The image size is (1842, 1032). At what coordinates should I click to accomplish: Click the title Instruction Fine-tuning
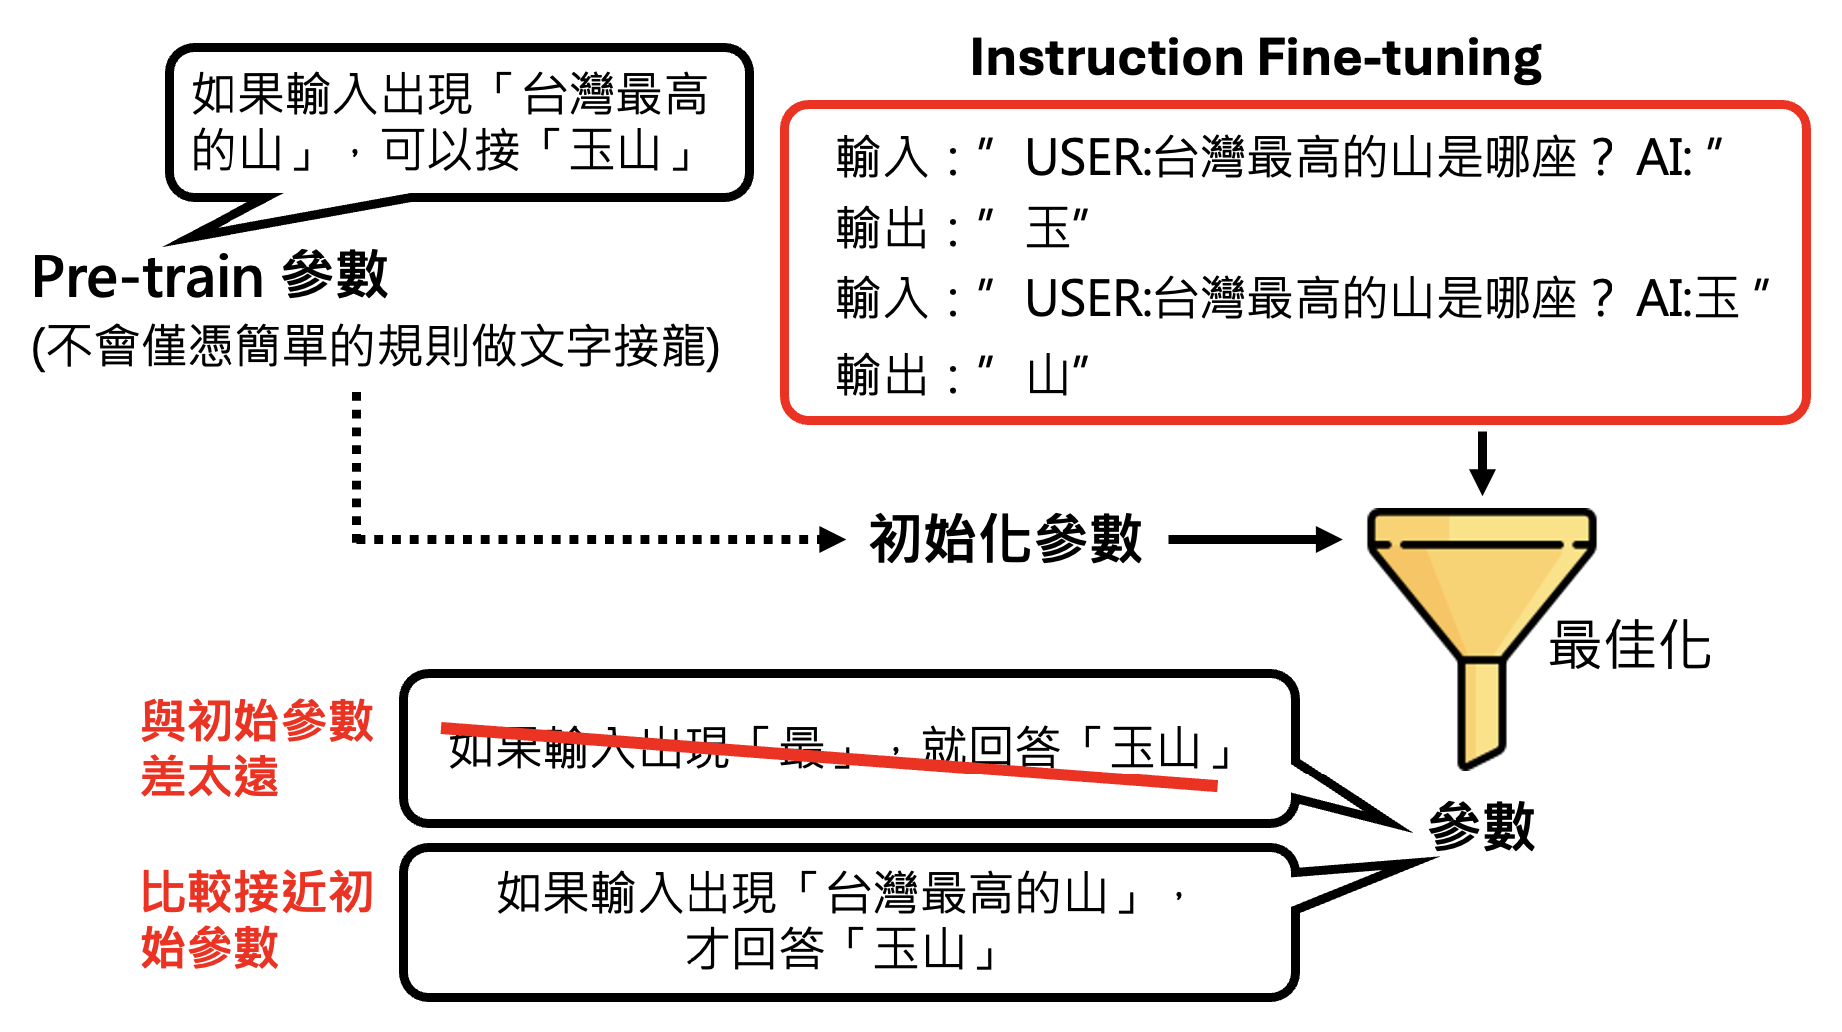pyautogui.click(x=1254, y=58)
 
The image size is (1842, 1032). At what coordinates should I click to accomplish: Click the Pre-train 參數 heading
pyautogui.click(x=210, y=276)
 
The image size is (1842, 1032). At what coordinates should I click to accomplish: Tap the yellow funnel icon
pyautogui.click(x=1480, y=589)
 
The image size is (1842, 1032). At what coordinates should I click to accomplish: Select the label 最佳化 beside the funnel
pyautogui.click(x=1629, y=645)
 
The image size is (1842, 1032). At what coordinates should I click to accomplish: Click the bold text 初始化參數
pyautogui.click(x=1005, y=540)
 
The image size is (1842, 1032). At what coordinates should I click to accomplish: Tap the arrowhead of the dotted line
pyautogui.click(x=831, y=540)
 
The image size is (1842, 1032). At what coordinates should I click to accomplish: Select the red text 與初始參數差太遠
pyautogui.click(x=256, y=749)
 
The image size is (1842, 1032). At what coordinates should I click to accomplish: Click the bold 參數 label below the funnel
pyautogui.click(x=1481, y=826)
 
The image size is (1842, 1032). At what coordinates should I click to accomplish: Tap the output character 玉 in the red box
pyautogui.click(x=1048, y=229)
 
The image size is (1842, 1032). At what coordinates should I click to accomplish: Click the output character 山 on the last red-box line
pyautogui.click(x=1048, y=376)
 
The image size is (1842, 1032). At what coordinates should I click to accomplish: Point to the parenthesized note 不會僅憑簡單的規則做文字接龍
pyautogui.click(x=376, y=347)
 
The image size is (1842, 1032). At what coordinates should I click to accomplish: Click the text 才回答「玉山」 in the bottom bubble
pyautogui.click(x=841, y=949)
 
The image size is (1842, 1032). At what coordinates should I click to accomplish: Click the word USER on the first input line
pyautogui.click(x=1086, y=158)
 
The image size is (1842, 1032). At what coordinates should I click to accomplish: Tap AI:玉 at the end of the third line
pyautogui.click(x=1688, y=299)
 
